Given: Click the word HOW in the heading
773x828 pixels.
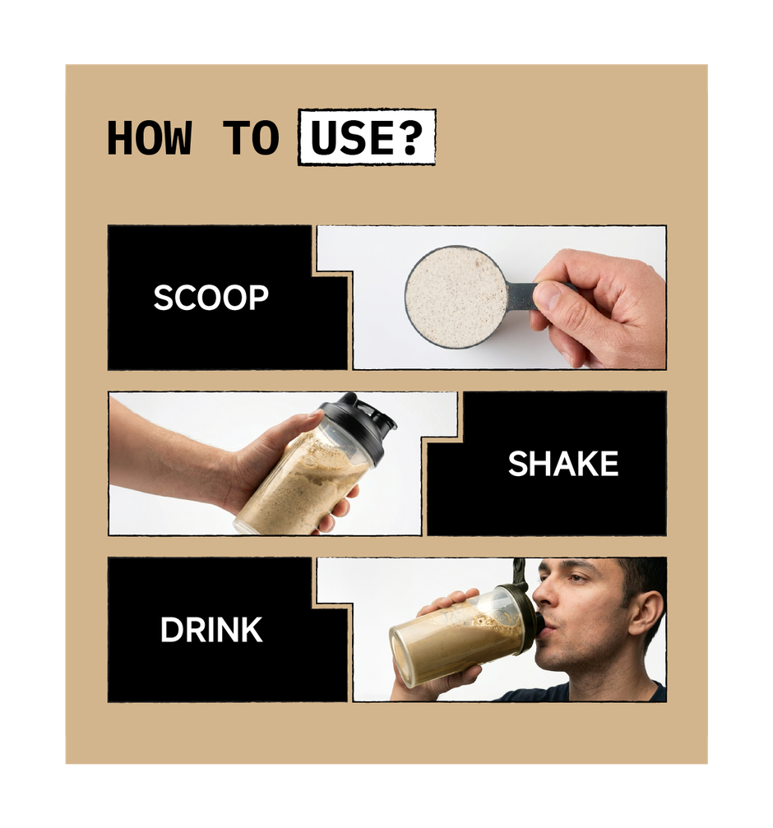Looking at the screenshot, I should (x=149, y=138).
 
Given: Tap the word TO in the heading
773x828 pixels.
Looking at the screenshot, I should (x=252, y=138).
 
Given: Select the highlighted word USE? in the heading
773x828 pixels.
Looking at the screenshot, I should (x=366, y=138).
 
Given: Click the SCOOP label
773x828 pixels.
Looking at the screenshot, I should (x=211, y=298).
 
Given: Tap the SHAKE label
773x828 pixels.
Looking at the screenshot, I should (x=562, y=465).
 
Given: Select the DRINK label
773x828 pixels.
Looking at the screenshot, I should (x=211, y=631).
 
